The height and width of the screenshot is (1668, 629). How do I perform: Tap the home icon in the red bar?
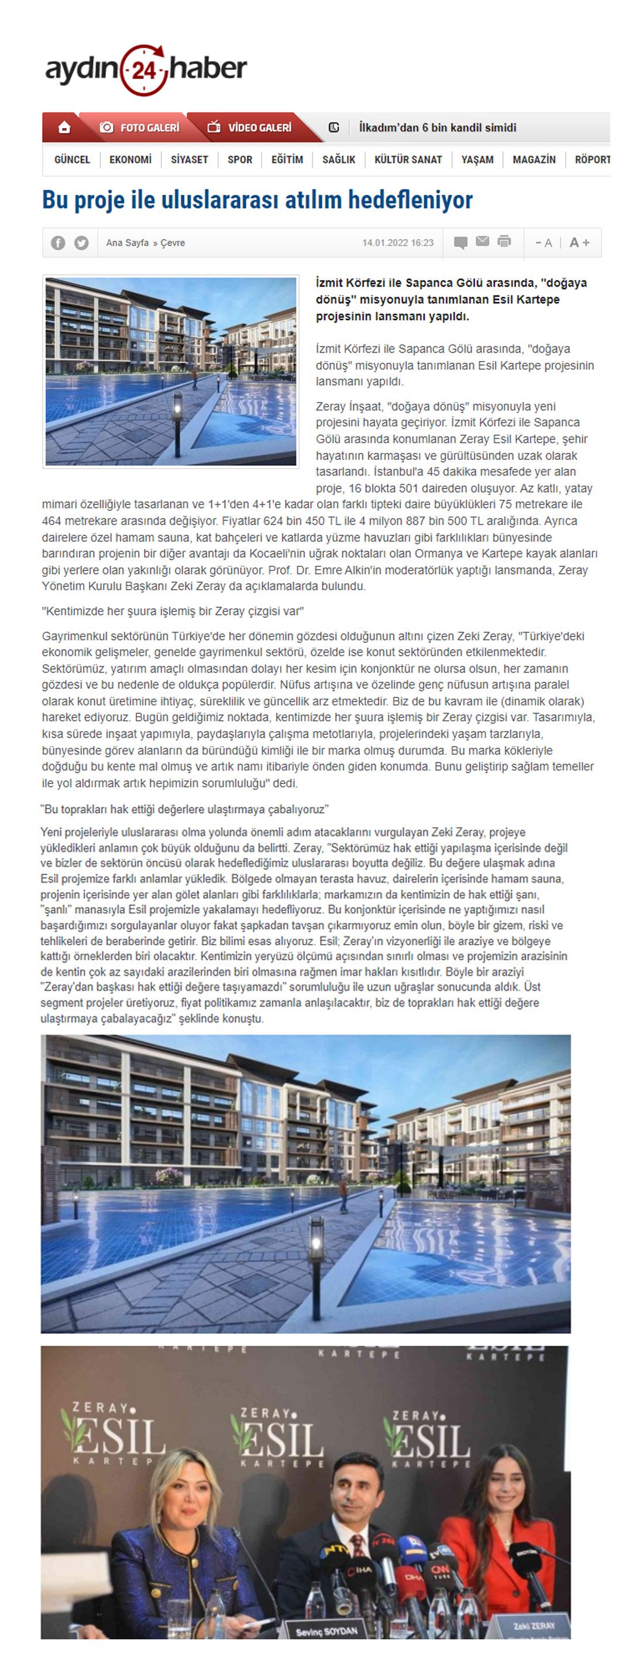(64, 128)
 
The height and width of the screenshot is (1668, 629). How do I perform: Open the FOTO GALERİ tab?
(140, 128)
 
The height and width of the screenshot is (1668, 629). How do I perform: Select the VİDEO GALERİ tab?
(249, 128)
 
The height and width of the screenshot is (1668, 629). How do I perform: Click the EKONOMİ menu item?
(130, 159)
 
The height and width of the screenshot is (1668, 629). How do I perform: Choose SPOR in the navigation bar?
(240, 159)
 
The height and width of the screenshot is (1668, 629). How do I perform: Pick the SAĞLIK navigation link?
(339, 159)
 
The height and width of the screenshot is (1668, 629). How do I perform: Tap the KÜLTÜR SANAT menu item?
(408, 159)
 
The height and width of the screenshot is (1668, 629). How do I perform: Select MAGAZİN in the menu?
(534, 159)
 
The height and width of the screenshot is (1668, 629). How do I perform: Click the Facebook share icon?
(59, 243)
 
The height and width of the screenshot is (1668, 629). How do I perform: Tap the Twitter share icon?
(81, 243)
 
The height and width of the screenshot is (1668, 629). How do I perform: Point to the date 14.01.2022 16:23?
(398, 243)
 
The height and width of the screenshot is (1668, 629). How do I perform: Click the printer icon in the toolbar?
(504, 242)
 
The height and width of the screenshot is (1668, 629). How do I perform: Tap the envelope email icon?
(482, 242)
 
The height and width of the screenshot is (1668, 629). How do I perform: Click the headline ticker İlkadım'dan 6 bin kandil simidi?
(437, 128)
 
